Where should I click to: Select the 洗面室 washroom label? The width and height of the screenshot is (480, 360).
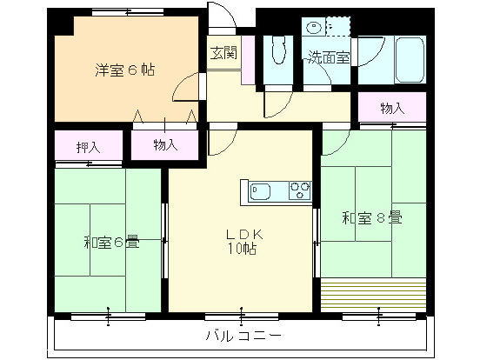tap(328, 59)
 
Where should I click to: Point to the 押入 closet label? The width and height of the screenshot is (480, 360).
tap(89, 146)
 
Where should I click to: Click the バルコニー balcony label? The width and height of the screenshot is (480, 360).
tap(243, 335)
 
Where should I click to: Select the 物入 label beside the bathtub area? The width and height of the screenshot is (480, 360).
tap(392, 108)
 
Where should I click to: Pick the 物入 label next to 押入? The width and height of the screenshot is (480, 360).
tap(165, 145)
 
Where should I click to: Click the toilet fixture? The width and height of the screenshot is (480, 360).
tap(278, 54)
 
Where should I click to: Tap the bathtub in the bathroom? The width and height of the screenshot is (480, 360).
tap(408, 59)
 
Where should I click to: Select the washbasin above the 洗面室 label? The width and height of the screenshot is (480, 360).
tap(314, 28)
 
